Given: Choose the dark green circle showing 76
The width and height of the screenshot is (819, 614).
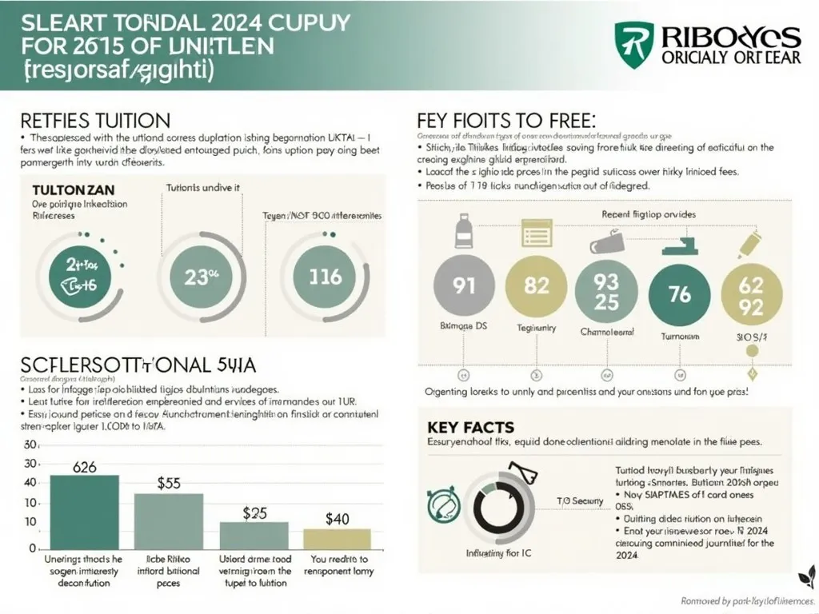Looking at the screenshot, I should (678, 294).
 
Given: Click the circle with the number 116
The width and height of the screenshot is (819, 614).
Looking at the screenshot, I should (326, 277).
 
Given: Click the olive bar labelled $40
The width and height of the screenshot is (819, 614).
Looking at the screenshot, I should (337, 539).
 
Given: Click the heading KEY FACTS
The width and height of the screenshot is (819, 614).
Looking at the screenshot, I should (460, 427).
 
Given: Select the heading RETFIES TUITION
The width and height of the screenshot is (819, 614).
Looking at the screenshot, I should (95, 122).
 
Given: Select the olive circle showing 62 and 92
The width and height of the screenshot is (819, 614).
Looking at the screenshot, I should (750, 294).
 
